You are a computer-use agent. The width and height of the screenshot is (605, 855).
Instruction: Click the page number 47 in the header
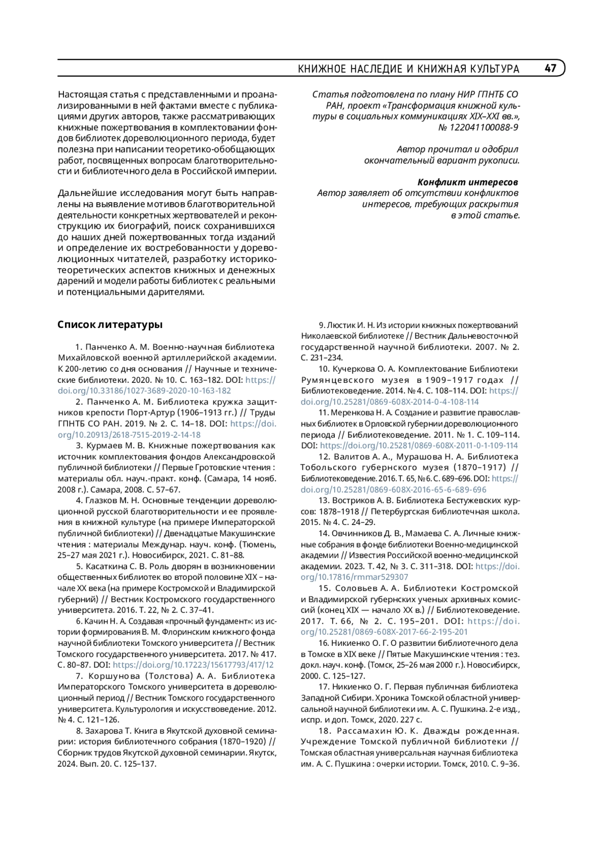[x=550, y=68]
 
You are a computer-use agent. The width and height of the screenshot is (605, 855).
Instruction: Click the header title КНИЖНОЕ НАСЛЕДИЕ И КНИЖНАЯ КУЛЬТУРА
[x=408, y=69]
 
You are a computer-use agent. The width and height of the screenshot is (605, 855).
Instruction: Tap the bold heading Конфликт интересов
[x=468, y=182]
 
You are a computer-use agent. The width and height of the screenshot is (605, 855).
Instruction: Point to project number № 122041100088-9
[x=478, y=127]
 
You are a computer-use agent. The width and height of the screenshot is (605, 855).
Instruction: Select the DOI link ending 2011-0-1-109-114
[x=418, y=445]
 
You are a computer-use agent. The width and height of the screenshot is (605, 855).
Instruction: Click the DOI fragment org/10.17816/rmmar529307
[x=354, y=577]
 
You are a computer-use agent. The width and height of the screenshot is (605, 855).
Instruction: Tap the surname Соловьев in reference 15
[x=355, y=588]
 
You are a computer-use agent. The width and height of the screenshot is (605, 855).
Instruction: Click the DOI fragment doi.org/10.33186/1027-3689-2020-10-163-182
[x=145, y=390]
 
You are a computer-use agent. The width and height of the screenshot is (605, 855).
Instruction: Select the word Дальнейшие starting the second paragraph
[x=87, y=193]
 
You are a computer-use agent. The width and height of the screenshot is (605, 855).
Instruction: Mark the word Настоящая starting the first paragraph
[x=84, y=94]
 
